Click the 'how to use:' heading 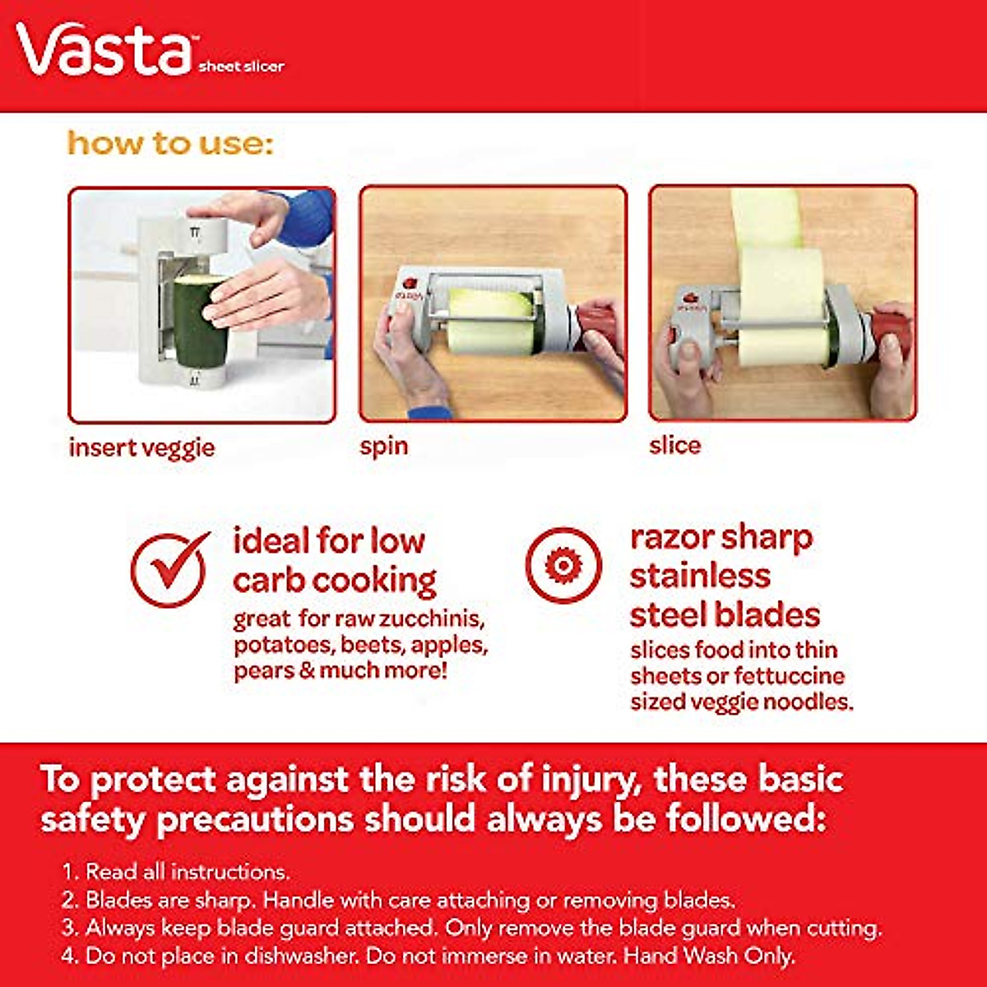169,143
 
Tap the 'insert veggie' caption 141,447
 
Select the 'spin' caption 383,447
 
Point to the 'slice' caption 674,445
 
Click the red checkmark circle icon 169,569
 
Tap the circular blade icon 563,566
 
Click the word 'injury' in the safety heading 590,779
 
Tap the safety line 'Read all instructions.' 188,871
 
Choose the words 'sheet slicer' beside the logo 241,66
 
